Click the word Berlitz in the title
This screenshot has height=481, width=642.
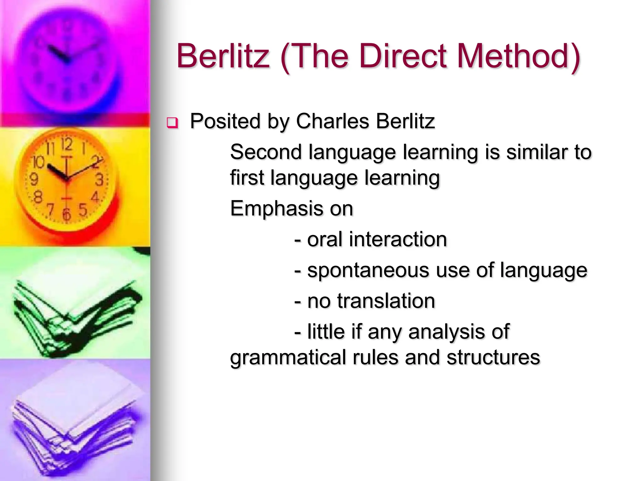tap(223, 56)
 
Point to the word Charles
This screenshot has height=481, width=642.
tap(333, 121)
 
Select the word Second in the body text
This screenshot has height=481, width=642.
tap(266, 152)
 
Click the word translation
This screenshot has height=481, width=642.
tap(386, 301)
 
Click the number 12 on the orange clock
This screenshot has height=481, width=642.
tap(66, 145)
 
